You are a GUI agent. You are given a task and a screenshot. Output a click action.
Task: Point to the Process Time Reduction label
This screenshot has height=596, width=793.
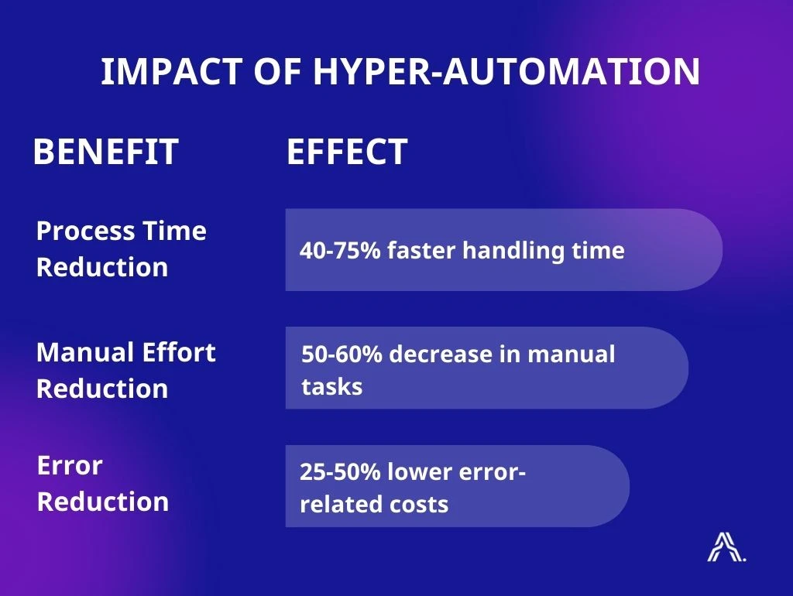tap(122, 248)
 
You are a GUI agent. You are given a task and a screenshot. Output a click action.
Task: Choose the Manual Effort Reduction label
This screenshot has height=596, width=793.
tap(126, 370)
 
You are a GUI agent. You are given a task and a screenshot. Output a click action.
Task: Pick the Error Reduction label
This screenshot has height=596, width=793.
tap(103, 483)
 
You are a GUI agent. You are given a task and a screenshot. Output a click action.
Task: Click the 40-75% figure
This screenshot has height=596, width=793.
tap(340, 250)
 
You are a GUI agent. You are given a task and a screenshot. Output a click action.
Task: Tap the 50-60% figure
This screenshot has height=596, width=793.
tap(342, 354)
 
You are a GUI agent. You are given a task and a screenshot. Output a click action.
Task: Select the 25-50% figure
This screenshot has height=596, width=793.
tap(340, 471)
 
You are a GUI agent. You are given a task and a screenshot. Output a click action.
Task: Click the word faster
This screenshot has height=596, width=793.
tap(421, 250)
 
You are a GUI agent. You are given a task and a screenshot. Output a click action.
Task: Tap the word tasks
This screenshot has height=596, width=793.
tap(331, 387)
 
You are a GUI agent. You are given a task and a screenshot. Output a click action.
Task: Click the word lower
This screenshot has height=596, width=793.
tap(419, 471)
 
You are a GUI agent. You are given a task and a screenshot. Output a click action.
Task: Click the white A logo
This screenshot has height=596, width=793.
tap(726, 547)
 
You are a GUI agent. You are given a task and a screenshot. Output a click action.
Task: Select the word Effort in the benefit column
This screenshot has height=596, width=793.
tap(179, 352)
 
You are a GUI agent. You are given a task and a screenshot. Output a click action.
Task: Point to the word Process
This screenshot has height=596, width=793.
tap(85, 231)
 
